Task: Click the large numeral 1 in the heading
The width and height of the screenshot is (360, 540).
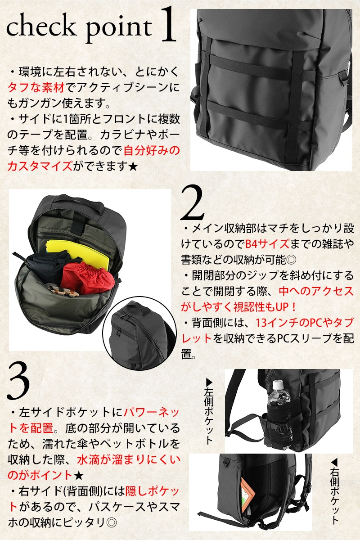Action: coord(167,24)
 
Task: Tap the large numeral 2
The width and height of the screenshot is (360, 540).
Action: coord(192,203)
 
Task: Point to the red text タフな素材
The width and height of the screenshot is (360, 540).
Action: coord(36,87)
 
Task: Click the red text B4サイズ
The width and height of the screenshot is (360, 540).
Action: coord(267,244)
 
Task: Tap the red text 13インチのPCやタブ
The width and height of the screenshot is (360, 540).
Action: coord(304,323)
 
